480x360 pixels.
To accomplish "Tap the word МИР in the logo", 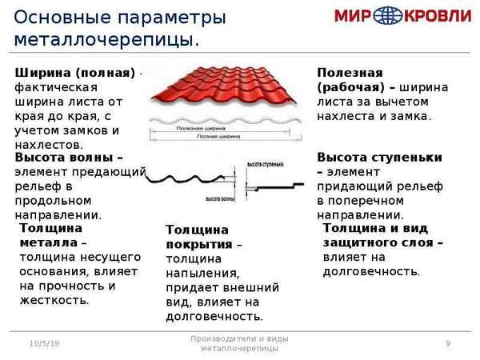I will pyautogui.click(x=358, y=17).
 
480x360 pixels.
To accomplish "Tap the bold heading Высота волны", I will pyautogui.click(x=69, y=158).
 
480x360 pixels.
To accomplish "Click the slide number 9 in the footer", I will pyautogui.click(x=448, y=343).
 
